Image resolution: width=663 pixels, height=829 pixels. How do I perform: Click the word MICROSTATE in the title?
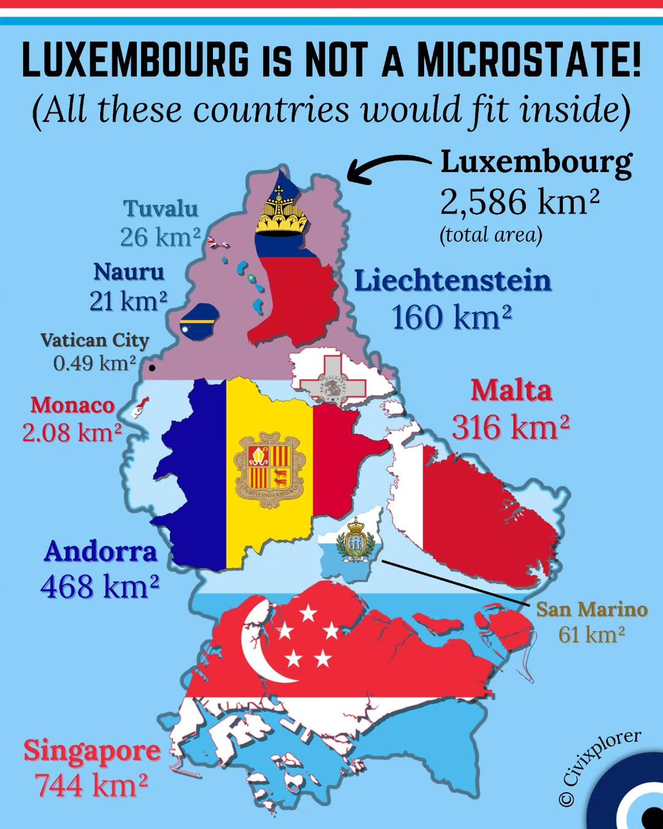(x=529, y=61)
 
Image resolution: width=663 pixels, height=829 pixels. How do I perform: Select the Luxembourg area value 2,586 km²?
(x=519, y=201)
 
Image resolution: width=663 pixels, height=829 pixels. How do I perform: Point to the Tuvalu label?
(x=161, y=209)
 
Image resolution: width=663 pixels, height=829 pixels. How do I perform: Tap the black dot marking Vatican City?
(x=152, y=368)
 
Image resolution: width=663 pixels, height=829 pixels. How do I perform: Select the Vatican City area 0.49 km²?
(x=95, y=363)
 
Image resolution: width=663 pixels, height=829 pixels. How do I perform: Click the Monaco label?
(x=72, y=405)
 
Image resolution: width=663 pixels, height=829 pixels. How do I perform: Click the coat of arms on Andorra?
(x=270, y=470)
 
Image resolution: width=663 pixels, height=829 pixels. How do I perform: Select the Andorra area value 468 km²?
(x=99, y=586)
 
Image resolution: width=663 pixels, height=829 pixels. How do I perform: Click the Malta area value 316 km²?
(x=511, y=427)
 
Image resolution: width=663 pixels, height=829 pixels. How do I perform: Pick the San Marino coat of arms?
(x=355, y=539)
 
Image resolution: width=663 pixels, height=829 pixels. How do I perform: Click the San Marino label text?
(x=592, y=609)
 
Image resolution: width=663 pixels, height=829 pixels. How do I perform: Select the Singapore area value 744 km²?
(x=91, y=785)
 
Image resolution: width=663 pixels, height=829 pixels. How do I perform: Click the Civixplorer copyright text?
(x=600, y=768)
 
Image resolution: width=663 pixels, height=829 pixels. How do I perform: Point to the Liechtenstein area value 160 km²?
(x=451, y=317)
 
